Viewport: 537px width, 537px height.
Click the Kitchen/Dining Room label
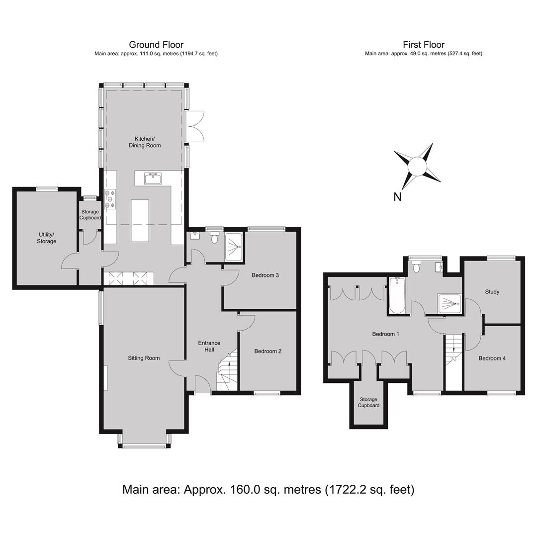pos(145,142)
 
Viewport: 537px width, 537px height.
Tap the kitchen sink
pos(153,179)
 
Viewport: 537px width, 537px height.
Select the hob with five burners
pos(110,199)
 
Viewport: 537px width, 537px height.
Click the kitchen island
pos(140,221)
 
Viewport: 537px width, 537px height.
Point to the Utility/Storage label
pos(47,238)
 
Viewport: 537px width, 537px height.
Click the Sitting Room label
pos(144,358)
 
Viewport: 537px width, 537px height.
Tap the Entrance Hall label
pos(209,346)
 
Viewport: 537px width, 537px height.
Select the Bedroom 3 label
pos(265,275)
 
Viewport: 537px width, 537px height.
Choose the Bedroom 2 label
pos(268,351)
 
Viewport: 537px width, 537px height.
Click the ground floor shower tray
pos(234,247)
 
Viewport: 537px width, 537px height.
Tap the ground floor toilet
pos(215,237)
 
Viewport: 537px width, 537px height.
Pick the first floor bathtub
pos(397,295)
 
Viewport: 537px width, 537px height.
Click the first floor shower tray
pos(449,303)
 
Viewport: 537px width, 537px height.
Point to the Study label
pos(492,292)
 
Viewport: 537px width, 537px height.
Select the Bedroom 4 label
pos(492,358)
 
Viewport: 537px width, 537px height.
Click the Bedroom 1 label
pos(386,334)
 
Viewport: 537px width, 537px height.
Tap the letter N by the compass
pos(397,197)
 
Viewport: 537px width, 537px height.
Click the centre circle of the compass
pos(417,166)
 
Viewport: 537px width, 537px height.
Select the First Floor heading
pos(424,45)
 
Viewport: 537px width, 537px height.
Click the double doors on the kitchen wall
pos(196,126)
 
